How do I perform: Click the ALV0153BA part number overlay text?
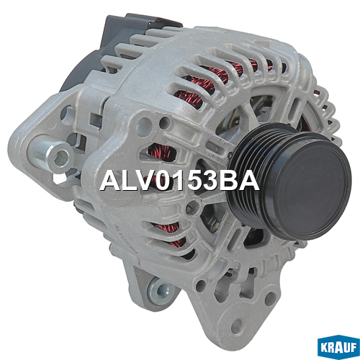(179, 181)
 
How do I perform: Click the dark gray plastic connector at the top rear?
(135, 30)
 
